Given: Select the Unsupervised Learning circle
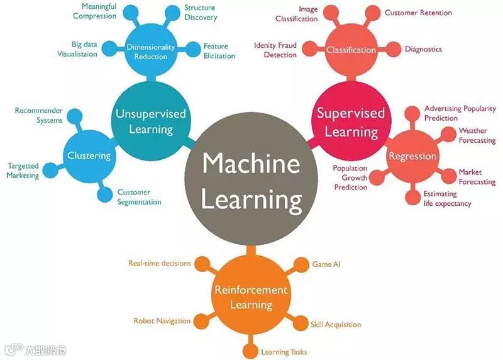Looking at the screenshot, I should (151, 121).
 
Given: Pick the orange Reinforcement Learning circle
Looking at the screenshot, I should (251, 297).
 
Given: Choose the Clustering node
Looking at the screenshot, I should (89, 155).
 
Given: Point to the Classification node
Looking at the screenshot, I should (351, 50).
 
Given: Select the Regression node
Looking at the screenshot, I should (412, 156).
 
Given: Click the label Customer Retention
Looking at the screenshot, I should (418, 13).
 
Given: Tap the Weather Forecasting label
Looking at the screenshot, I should (477, 135).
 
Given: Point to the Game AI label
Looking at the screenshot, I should (326, 264).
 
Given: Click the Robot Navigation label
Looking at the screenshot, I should (162, 321).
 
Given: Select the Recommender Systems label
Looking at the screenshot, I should (38, 115).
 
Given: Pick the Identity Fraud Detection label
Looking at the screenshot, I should (275, 50).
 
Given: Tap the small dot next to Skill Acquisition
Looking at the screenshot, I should (301, 323).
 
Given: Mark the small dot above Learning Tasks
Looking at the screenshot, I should (251, 347).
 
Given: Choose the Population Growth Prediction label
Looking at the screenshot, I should (350, 177).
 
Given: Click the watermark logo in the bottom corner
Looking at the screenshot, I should (35, 348).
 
